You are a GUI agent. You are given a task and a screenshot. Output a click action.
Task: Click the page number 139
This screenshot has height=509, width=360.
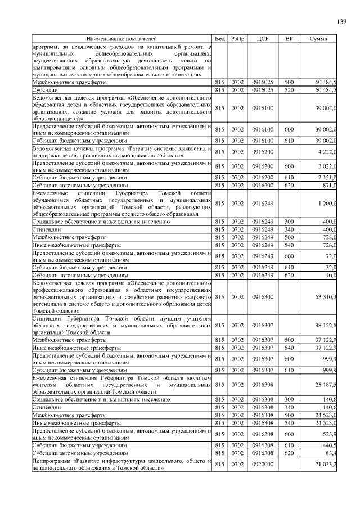(341, 22)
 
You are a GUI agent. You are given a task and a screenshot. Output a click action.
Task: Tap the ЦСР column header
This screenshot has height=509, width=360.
(262, 39)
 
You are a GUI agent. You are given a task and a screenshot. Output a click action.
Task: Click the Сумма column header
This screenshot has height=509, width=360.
(318, 39)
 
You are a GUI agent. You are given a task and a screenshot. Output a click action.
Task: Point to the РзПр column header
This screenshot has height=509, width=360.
(237, 39)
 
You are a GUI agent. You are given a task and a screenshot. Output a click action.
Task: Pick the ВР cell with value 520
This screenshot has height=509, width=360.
(289, 89)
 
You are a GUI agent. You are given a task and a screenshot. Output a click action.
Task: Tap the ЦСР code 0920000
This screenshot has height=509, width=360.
(262, 464)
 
